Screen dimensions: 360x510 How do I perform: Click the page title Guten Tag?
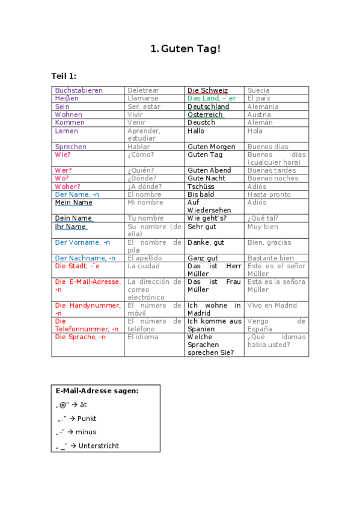pos(186,48)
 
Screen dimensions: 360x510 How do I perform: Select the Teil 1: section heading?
pos(64,76)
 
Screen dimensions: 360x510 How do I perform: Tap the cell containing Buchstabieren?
pos(79,90)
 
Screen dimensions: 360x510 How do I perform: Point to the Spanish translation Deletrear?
pos(143,90)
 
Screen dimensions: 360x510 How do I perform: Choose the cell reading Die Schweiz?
pos(207,90)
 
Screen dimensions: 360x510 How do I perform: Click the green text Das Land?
pos(203,98)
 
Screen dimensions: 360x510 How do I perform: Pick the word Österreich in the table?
pos(205,114)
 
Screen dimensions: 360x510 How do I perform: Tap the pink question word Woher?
pos(67,186)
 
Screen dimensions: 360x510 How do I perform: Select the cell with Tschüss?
pos(201,186)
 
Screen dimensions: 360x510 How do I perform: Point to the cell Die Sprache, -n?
pos(80,337)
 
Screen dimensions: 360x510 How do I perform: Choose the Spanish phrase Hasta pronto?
pos(269,194)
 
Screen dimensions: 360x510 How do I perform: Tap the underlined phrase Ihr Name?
pos(70,227)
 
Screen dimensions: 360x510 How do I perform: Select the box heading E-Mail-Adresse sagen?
pos(97,391)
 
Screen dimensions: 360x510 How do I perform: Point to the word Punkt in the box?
pos(87,419)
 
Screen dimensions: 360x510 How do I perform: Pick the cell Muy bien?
pos(263,227)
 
